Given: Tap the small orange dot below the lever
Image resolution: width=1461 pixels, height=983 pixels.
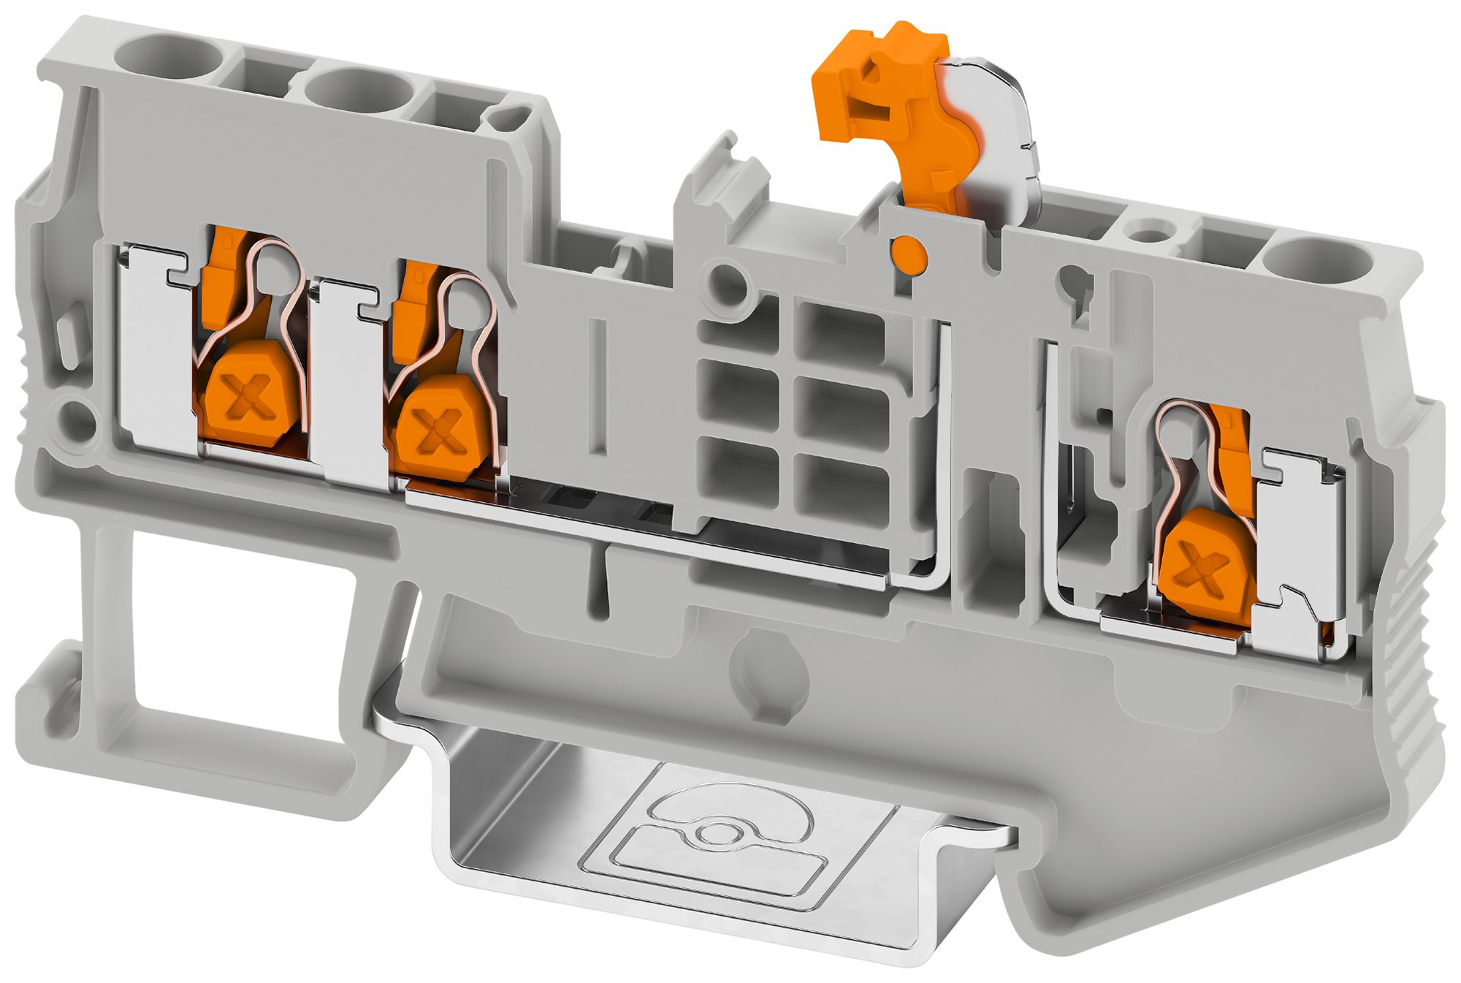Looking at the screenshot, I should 909,254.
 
